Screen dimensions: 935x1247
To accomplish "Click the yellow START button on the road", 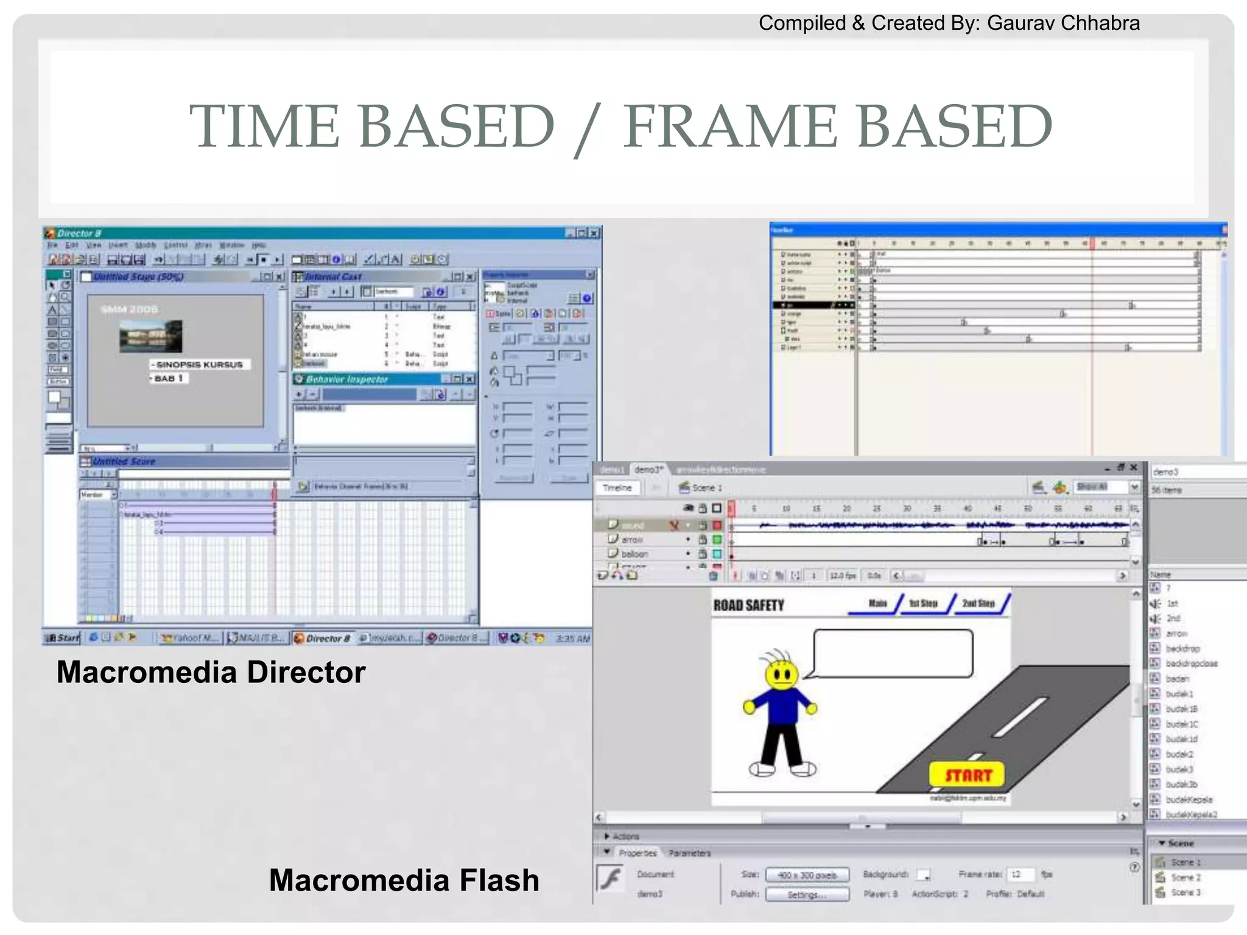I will tap(967, 774).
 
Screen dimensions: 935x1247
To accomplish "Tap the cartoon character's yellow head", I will tap(781, 674).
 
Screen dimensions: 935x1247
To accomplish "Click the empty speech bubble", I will tap(893, 653).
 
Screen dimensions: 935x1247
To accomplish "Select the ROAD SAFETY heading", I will tap(748, 605).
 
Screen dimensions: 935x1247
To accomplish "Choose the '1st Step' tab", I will tap(923, 603).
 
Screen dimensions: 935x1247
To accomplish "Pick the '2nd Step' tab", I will tap(978, 603).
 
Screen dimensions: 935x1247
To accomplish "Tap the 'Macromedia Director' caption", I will tap(211, 672).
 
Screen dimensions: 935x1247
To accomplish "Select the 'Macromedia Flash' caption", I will tap(404, 880).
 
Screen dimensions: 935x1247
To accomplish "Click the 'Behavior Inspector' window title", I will tap(347, 379).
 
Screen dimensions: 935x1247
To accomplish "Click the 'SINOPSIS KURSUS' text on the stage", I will tap(200, 365).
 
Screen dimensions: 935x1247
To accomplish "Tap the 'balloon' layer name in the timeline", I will tap(634, 554).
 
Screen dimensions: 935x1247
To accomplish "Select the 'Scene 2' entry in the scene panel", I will tap(1186, 877).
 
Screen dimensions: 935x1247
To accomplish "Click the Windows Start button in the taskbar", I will tap(63, 638).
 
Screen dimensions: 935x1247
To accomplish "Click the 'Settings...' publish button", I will tap(807, 894).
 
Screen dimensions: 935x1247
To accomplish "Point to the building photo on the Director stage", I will tap(150, 336).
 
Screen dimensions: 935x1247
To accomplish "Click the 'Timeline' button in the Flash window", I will tap(617, 488).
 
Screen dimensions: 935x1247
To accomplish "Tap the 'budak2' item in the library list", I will tap(1179, 754).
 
